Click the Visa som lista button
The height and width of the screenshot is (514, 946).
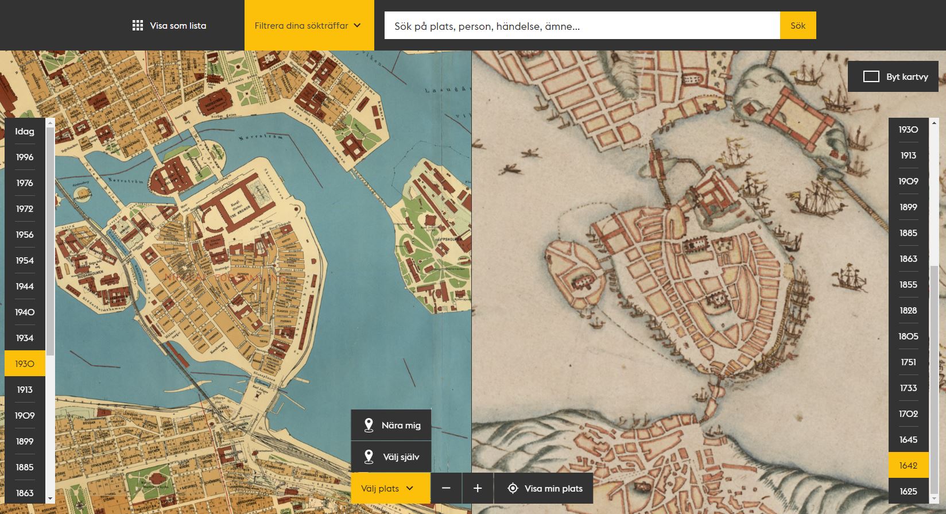(169, 26)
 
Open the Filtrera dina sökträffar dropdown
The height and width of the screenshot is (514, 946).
(308, 26)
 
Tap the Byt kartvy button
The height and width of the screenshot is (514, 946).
(894, 77)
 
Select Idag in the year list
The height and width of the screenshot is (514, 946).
(25, 132)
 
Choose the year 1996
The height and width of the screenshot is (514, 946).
(25, 157)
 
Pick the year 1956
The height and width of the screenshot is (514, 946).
(25, 235)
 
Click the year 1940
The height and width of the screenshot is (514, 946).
(25, 312)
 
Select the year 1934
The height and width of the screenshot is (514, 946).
(25, 338)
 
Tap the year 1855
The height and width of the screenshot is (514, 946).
(908, 285)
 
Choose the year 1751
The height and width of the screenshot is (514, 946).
(908, 362)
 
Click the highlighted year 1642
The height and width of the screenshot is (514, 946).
(908, 466)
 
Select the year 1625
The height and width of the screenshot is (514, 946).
(908, 492)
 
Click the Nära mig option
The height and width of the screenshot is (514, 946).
(392, 426)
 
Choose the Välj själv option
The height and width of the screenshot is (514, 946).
(392, 457)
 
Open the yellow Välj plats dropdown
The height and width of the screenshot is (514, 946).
(387, 489)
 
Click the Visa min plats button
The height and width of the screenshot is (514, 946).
(544, 489)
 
